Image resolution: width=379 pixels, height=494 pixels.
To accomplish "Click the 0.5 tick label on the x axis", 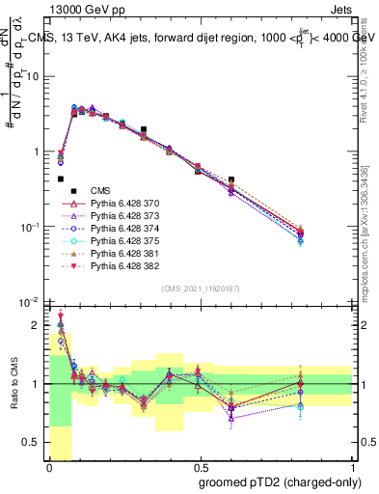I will [200, 467].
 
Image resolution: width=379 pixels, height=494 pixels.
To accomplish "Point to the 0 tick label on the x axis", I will [48, 467].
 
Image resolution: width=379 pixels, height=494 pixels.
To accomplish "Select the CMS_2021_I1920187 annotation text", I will [200, 288].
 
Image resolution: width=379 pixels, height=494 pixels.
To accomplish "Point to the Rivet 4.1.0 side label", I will [364, 77].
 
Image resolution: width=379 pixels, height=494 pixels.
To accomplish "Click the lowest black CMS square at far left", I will [60, 178].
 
